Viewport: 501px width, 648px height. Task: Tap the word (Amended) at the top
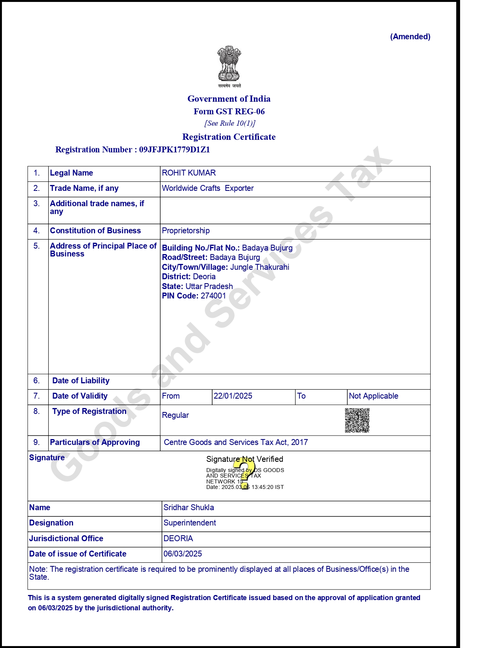[x=410, y=37]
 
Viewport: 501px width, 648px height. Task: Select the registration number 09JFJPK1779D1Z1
[x=174, y=150]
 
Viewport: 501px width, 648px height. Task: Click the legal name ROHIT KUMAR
[x=189, y=173]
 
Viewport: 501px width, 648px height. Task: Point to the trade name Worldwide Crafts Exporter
[x=207, y=188]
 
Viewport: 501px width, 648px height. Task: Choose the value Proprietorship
[x=186, y=231]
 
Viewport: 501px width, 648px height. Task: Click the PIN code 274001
[x=213, y=296]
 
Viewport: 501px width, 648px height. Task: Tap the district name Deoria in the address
[x=204, y=276]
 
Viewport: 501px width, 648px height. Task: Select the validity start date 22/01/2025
[x=233, y=396]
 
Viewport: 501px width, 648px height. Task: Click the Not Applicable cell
[x=373, y=396]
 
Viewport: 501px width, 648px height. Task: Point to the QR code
[x=357, y=420]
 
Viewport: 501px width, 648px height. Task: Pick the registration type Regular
[x=175, y=415]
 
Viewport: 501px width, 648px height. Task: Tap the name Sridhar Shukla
[x=189, y=507]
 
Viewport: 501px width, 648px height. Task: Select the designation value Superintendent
[x=189, y=523]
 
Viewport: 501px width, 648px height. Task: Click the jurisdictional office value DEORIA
[x=178, y=538]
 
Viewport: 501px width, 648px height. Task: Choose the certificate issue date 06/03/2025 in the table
[x=183, y=554]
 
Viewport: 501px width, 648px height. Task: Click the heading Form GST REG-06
[x=229, y=112]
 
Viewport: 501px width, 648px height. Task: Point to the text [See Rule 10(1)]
[x=230, y=123]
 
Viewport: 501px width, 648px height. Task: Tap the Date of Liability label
[x=81, y=381]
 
